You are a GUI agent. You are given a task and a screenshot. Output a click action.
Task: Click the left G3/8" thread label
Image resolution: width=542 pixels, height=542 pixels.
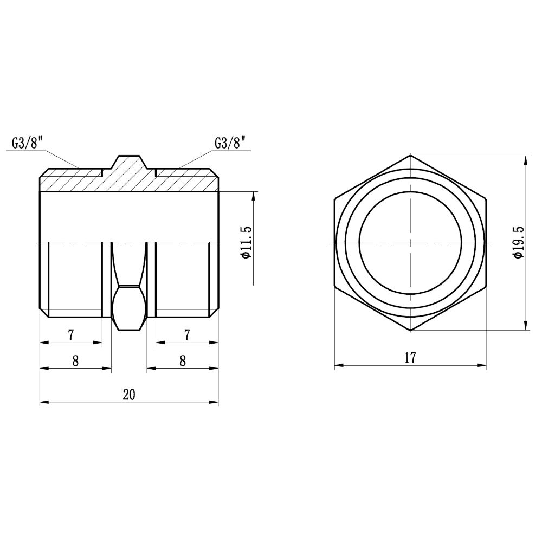[27, 143]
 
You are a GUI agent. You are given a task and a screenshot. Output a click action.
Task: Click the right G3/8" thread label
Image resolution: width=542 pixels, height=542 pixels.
[230, 143]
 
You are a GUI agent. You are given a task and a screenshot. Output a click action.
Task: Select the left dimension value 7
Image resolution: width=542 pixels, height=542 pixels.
[70, 334]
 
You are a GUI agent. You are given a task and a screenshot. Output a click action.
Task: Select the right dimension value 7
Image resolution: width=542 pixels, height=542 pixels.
[187, 334]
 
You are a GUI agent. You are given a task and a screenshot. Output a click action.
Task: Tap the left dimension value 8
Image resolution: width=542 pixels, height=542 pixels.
[75, 361]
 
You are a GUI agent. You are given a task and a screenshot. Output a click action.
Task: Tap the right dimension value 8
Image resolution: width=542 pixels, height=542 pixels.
[183, 361]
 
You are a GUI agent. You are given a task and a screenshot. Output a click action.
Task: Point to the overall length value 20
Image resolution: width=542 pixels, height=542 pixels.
[129, 395]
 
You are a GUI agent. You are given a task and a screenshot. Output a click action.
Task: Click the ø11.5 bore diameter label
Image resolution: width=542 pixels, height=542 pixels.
[248, 242]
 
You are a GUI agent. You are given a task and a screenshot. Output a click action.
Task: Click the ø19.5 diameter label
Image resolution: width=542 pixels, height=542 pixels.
[519, 242]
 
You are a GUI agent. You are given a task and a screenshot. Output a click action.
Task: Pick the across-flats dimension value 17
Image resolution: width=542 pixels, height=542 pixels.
[410, 358]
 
